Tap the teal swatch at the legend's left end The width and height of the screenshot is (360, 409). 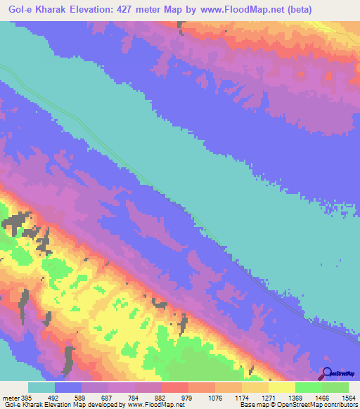(41, 387)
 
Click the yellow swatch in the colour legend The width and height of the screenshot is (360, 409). (281, 387)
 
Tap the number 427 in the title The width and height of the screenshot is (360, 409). (130, 9)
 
